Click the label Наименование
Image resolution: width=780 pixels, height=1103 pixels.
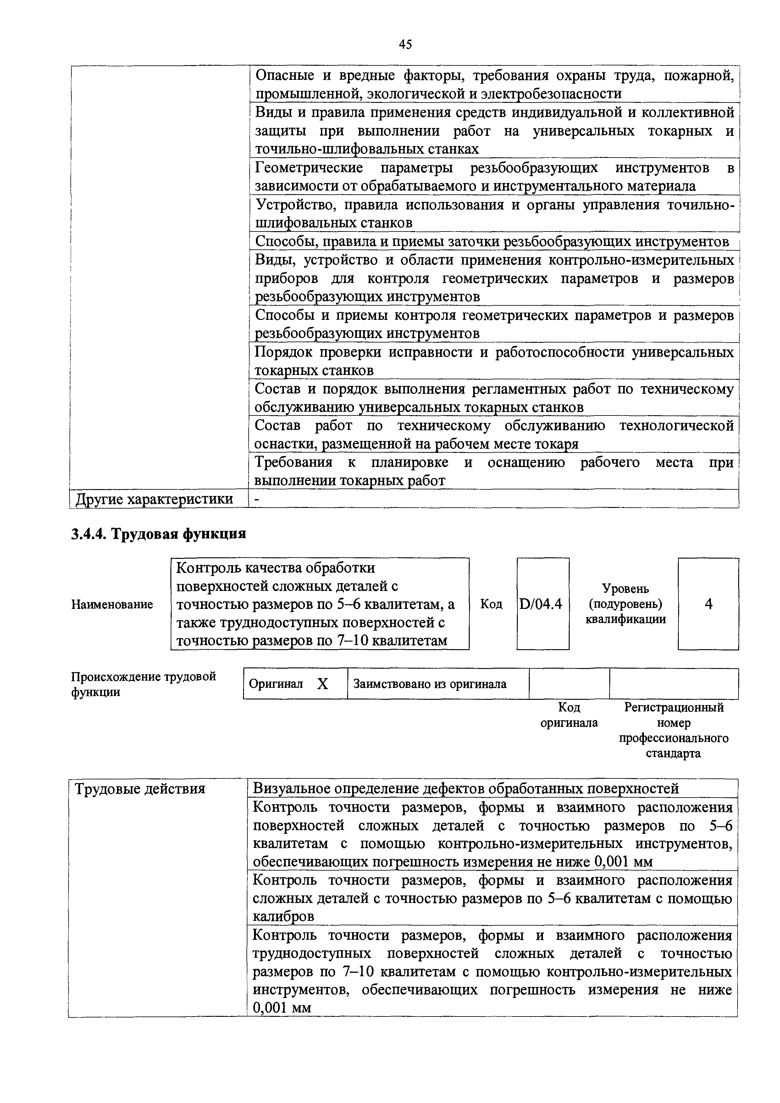112,604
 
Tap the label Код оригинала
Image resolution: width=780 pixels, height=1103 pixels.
569,715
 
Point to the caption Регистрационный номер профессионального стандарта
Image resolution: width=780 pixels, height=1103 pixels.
673,730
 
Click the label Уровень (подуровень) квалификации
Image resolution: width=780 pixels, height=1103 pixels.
625,604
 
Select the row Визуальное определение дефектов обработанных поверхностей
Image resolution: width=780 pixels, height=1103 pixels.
466,788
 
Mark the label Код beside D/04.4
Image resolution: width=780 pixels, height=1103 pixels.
491,604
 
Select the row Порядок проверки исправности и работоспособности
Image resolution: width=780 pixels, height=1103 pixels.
494,361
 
